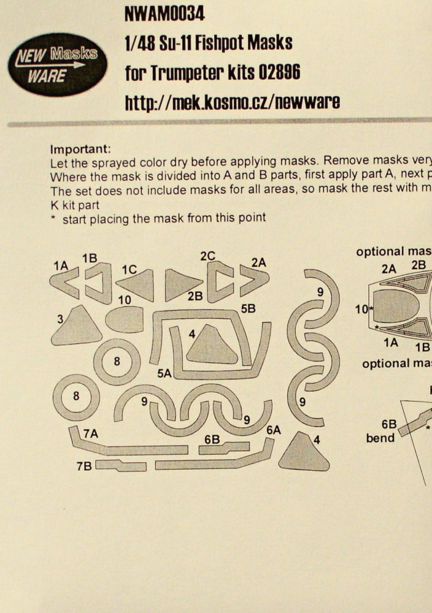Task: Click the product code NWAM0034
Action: click(164, 14)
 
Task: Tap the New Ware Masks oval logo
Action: click(57, 64)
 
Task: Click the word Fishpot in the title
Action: click(220, 43)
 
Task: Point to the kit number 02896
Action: click(279, 72)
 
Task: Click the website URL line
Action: click(232, 102)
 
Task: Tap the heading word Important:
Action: click(80, 149)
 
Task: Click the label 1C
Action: click(129, 270)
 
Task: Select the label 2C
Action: click(208, 256)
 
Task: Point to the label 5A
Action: click(164, 373)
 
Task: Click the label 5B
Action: click(248, 309)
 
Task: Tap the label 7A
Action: click(90, 433)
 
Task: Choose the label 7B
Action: click(84, 466)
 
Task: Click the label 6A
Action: click(274, 430)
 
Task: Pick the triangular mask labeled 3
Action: click(76, 326)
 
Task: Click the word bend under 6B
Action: click(380, 438)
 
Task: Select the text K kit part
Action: click(75, 205)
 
